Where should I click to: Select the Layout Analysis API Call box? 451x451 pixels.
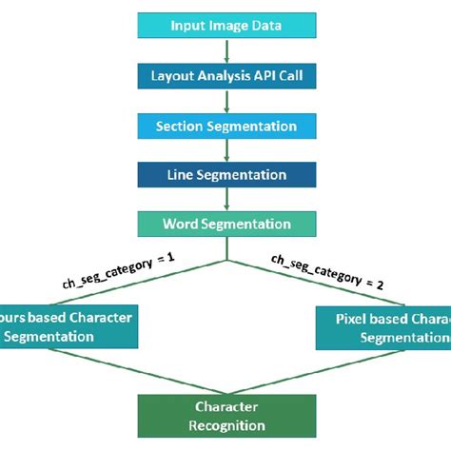tap(226, 76)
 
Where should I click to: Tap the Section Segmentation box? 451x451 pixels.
tap(226, 126)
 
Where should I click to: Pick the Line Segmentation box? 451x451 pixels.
tap(226, 175)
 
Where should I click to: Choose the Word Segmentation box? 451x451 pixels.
tap(226, 225)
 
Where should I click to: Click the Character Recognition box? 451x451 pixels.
tap(226, 416)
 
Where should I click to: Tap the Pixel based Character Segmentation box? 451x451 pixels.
tap(381, 326)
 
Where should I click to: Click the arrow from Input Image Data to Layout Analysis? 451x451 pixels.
tap(226, 50)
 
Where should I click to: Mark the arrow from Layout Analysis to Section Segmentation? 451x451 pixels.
tap(226, 101)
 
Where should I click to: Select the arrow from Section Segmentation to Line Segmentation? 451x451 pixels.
tap(226, 150)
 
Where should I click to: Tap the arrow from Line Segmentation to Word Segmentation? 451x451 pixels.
tap(226, 200)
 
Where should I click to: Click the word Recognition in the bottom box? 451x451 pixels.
tap(226, 425)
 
